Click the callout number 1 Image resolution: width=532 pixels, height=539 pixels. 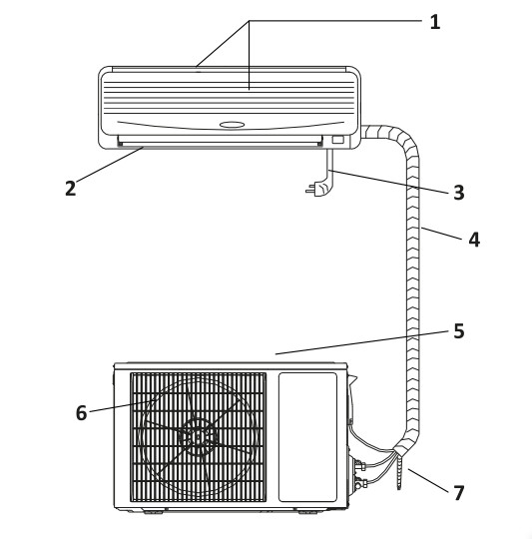435,22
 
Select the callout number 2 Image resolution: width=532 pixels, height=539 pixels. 70,189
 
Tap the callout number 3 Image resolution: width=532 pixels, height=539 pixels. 459,193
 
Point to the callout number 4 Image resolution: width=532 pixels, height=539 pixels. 474,240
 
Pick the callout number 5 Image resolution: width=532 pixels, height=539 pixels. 459,331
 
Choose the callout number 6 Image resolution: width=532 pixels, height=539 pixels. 81,412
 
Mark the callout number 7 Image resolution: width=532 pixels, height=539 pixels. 459,493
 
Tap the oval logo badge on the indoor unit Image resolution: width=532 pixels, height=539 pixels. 232,125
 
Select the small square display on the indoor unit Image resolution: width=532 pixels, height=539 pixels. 337,140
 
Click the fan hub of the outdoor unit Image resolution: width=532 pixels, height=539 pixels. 198,437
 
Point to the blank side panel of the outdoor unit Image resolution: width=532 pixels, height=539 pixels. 307,437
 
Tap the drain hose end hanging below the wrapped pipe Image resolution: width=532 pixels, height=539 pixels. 399,473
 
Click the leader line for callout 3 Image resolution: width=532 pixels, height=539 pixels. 388,182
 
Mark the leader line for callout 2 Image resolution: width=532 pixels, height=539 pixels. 109,165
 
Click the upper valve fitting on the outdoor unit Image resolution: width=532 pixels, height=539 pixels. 359,466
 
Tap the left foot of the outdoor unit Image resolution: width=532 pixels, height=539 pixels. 154,512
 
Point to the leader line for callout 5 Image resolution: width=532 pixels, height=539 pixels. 362,342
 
